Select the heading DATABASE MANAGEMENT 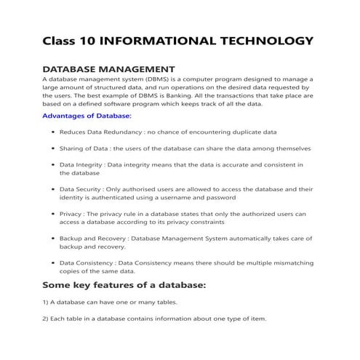coord(109,68)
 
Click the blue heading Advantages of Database coord(87,116)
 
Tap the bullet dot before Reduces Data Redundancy coord(52,133)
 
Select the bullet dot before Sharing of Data coord(52,149)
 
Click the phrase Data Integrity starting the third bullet coord(81,165)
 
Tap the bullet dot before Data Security coord(52,189)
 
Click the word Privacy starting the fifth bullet coord(71,214)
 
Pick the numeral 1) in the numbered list coord(46,302)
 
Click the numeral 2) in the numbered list coord(46,319)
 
